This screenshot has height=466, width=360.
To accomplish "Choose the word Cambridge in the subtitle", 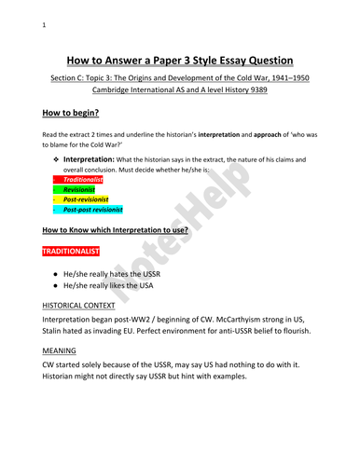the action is click(x=101, y=95).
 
